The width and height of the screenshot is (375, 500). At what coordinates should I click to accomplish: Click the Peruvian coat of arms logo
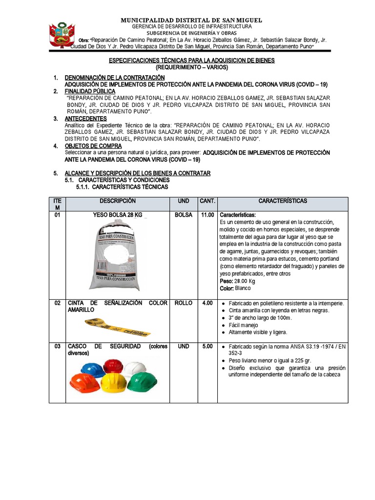click(61, 35)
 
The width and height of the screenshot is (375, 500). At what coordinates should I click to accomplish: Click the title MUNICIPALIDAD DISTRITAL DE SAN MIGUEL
click(192, 20)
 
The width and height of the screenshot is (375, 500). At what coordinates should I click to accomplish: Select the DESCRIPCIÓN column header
click(117, 201)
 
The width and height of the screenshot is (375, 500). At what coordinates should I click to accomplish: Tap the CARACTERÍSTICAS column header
click(283, 201)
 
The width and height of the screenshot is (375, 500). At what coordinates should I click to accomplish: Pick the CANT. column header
click(208, 201)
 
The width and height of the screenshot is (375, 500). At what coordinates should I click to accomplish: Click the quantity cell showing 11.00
click(208, 215)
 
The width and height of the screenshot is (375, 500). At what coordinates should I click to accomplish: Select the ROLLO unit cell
click(183, 303)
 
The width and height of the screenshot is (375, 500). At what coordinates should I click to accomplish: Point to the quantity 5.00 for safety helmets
click(208, 346)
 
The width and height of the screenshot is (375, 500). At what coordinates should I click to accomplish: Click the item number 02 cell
click(58, 303)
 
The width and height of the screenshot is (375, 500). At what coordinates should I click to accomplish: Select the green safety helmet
click(142, 380)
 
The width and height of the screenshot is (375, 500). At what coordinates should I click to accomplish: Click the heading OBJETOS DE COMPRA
click(93, 146)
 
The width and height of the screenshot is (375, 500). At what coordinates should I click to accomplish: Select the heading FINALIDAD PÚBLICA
click(90, 91)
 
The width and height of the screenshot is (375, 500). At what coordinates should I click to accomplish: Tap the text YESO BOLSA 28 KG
click(117, 215)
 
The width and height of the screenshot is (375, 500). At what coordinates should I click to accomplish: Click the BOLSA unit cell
click(183, 215)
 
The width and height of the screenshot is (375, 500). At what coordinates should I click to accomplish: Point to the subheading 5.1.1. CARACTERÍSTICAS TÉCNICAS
click(122, 187)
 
